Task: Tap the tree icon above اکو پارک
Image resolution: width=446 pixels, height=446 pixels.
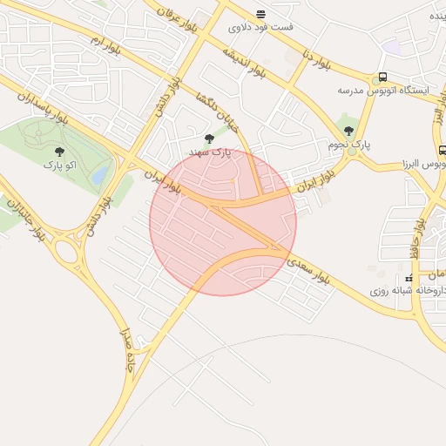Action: (x=59, y=152)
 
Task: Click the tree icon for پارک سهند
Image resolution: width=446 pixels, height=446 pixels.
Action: (x=208, y=139)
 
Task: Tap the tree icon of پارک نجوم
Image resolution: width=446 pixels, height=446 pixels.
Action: (x=349, y=131)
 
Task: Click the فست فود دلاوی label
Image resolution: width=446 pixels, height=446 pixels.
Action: (x=260, y=27)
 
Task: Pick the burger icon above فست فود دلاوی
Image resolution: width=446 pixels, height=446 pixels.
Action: (x=260, y=14)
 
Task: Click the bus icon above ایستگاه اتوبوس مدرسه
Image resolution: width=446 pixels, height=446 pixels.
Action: (x=382, y=78)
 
